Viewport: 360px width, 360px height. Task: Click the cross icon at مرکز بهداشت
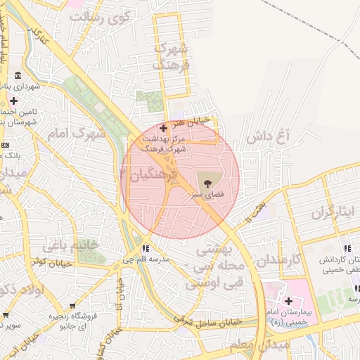pyautogui.click(x=164, y=129)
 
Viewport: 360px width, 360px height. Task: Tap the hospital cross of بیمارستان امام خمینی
pyautogui.click(x=288, y=301)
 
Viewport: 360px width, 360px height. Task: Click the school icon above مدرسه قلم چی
pyautogui.click(x=146, y=249)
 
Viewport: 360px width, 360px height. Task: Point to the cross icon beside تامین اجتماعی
pyautogui.click(x=13, y=101)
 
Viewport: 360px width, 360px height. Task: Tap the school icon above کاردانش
pyautogui.click(x=347, y=249)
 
